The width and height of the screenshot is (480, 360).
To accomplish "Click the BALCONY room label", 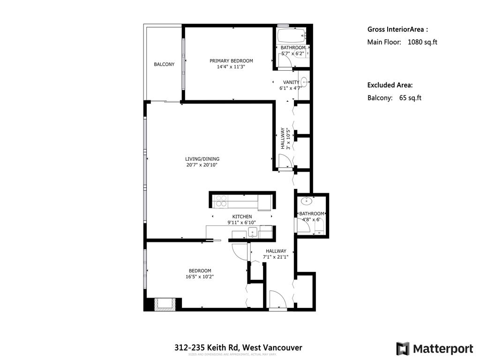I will pos(164,64).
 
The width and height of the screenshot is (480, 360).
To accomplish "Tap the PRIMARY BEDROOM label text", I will pos(231,61).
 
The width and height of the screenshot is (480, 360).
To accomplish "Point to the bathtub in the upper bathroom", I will pos(291,36).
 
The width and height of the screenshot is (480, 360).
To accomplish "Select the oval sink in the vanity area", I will pos(304,82).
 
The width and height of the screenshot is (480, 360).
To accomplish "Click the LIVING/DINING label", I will pos(202,159).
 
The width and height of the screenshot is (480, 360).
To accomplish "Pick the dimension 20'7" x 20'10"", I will pos(202,165).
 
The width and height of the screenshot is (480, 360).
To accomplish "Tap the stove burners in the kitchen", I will pos(220,201).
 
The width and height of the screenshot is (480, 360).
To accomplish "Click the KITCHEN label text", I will pos(242,217).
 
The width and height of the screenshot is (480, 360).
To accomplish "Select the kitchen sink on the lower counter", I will pos(252,232).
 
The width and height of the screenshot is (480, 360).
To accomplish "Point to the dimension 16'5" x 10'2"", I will pos(200,277).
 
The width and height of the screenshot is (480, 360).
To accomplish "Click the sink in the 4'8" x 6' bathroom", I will pos(307,202).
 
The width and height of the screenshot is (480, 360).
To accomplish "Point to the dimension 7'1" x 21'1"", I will pos(276,257).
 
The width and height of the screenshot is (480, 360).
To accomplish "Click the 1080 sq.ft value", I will pos(422,42).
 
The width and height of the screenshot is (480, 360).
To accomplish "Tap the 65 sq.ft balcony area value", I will pos(410,98).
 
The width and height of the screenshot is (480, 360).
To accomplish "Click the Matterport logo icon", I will pos(402,349).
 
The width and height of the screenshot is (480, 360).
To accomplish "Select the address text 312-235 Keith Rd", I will pos(206,347).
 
